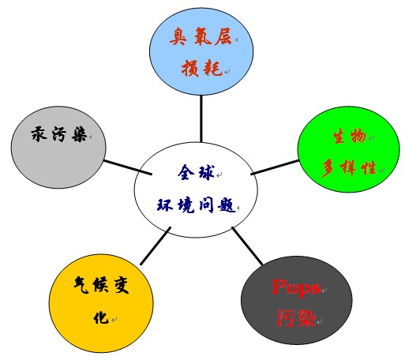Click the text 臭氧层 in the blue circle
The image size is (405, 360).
pos(201,36)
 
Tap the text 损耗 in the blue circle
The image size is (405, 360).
pos(202,68)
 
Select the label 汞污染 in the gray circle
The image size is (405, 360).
pos(59,134)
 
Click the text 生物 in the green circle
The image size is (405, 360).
pos(350,136)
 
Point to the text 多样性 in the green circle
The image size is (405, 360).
pos(349,168)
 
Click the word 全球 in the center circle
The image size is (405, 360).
pos(197,172)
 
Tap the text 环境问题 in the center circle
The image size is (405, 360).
pos(196,205)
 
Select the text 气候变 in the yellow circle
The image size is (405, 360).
pos(102,285)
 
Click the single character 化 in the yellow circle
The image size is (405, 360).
pos(101,317)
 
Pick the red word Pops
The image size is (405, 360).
pos(297,287)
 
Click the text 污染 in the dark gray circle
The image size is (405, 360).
pos(296,318)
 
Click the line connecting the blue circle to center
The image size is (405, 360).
pos(201,118)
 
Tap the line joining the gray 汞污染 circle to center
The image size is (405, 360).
pos(128,167)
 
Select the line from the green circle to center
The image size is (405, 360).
pos(275,167)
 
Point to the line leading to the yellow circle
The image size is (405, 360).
pos(156,246)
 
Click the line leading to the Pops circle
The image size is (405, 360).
pos(247,246)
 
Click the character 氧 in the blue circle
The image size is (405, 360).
pos(203,36)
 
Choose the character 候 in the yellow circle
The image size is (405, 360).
pos(101,285)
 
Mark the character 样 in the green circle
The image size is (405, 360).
pos(349,168)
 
